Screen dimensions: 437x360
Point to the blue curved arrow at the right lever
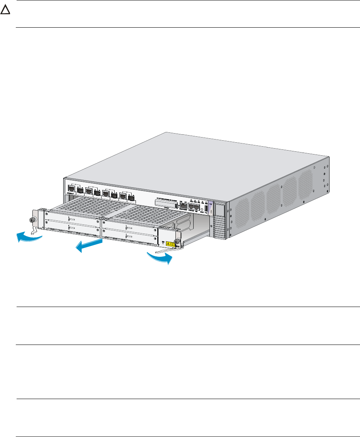coord(160,257)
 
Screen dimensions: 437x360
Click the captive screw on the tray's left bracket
coord(31,220)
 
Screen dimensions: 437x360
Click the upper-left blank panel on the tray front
coord(72,218)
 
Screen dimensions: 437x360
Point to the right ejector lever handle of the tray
coord(170,250)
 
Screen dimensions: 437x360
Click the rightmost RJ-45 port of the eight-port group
coord(131,196)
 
